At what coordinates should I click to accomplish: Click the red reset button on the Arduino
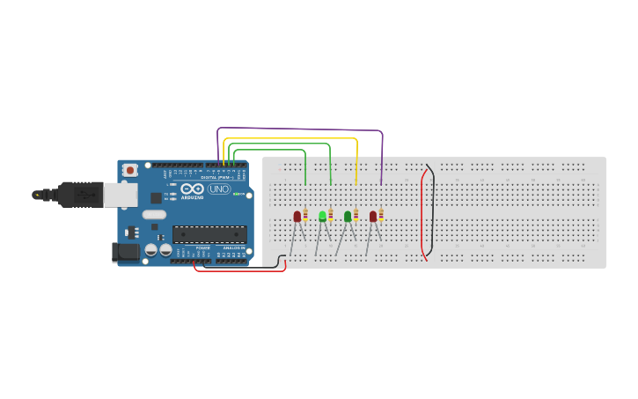tap(130, 169)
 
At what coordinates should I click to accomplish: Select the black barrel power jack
tap(127, 252)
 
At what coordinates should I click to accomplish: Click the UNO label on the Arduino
tap(218, 189)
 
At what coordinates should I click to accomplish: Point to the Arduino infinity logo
tap(192, 189)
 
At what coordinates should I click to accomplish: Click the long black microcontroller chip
tap(209, 234)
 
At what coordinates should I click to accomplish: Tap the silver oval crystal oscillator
tap(153, 214)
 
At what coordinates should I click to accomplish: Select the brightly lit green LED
tap(322, 216)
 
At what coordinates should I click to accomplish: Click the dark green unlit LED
tap(348, 216)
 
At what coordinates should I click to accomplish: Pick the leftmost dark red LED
tap(297, 216)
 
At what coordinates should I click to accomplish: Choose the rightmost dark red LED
tap(373, 216)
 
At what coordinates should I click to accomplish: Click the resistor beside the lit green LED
tap(331, 215)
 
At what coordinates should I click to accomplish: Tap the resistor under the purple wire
tap(381, 215)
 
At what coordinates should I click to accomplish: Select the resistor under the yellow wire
tap(356, 215)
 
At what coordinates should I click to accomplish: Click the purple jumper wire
tap(299, 130)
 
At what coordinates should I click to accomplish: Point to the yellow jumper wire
tap(290, 139)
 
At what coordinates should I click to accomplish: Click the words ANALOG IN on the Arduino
tap(233, 248)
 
